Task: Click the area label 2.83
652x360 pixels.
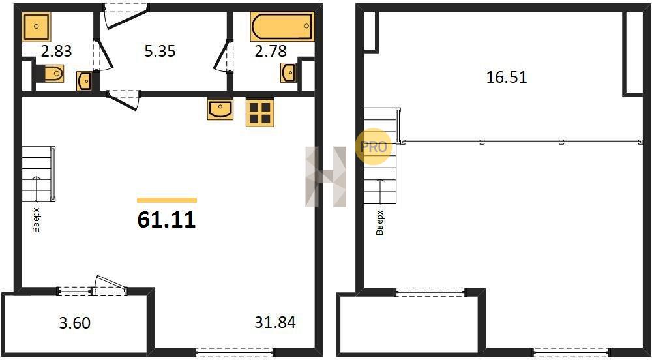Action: [x=56, y=52]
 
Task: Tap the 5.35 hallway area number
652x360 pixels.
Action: [x=160, y=51]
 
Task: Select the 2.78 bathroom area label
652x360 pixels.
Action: [x=271, y=52]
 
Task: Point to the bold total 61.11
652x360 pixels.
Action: [x=166, y=220]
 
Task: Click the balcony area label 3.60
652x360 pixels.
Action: [x=75, y=323]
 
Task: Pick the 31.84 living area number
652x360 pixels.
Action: [x=275, y=322]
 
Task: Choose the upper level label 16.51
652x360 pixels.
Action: [x=507, y=78]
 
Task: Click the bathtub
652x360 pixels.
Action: [x=282, y=27]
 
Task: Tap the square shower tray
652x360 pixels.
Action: [x=37, y=27]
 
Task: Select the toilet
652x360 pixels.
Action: [x=49, y=74]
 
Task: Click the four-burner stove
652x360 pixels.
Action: [x=260, y=112]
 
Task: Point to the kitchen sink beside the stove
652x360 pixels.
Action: [x=220, y=110]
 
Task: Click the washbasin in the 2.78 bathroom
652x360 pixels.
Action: [x=288, y=73]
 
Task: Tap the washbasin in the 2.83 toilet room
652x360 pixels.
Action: [x=84, y=81]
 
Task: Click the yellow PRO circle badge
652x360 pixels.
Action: [x=374, y=146]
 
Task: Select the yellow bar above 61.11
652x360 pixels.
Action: [x=167, y=200]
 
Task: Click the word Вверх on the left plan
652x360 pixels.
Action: [x=36, y=220]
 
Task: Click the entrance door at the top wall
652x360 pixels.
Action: [x=126, y=16]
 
